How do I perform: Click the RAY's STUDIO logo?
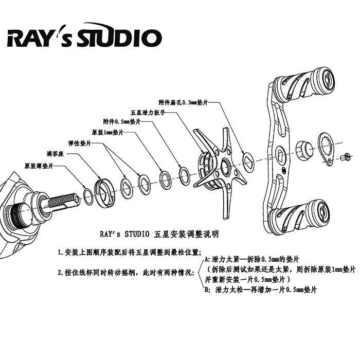pos(84,35)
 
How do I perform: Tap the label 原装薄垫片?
pos(39,166)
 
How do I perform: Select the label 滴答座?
pos(55,154)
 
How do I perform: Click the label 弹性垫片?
pos(80,143)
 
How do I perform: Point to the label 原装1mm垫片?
pos(107,133)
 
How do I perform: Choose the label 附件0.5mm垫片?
pos(122,121)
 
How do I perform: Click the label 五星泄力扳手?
pos(148,113)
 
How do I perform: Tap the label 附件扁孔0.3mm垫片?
pos(183,102)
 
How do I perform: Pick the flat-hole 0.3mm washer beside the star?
pos(248,161)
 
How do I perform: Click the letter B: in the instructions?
pos(207,290)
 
